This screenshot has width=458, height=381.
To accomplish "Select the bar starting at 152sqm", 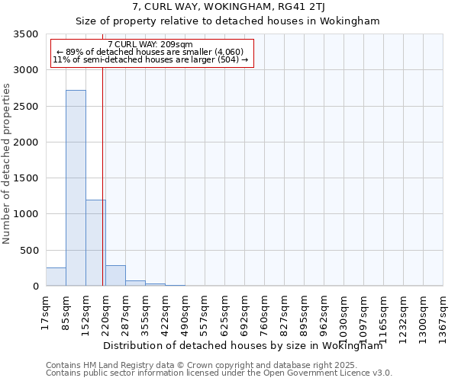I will coord(95,243).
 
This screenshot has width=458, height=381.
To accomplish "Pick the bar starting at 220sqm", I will coord(115,276).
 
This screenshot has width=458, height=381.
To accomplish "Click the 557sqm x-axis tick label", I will coord(205,312).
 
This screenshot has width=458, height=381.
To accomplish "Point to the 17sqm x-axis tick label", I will coord(46,310).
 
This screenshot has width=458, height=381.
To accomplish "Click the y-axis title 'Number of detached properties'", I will coord(8,165).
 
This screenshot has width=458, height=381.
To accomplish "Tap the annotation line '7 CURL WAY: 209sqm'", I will coord(150,45).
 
